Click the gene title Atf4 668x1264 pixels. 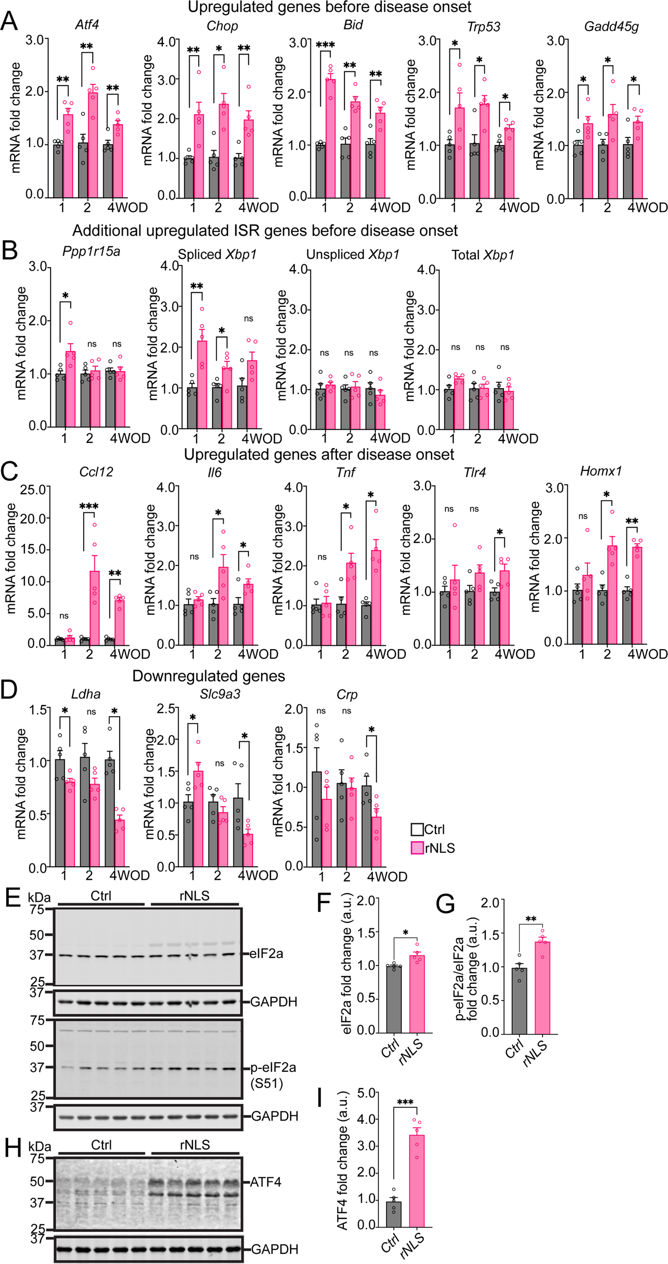[x=87, y=24]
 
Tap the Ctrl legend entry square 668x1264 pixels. [x=417, y=830]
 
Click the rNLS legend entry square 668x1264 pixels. [x=417, y=848]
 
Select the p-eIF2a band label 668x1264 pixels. [x=273, y=1067]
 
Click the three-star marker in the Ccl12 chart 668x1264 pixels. [x=89, y=506]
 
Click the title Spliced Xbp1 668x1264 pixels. [x=217, y=254]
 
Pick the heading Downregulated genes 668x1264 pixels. [x=208, y=676]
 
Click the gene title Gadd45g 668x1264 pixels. [x=611, y=26]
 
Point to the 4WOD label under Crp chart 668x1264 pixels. [x=386, y=877]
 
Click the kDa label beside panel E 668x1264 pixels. [x=39, y=897]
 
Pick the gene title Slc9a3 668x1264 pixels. [x=220, y=694]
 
